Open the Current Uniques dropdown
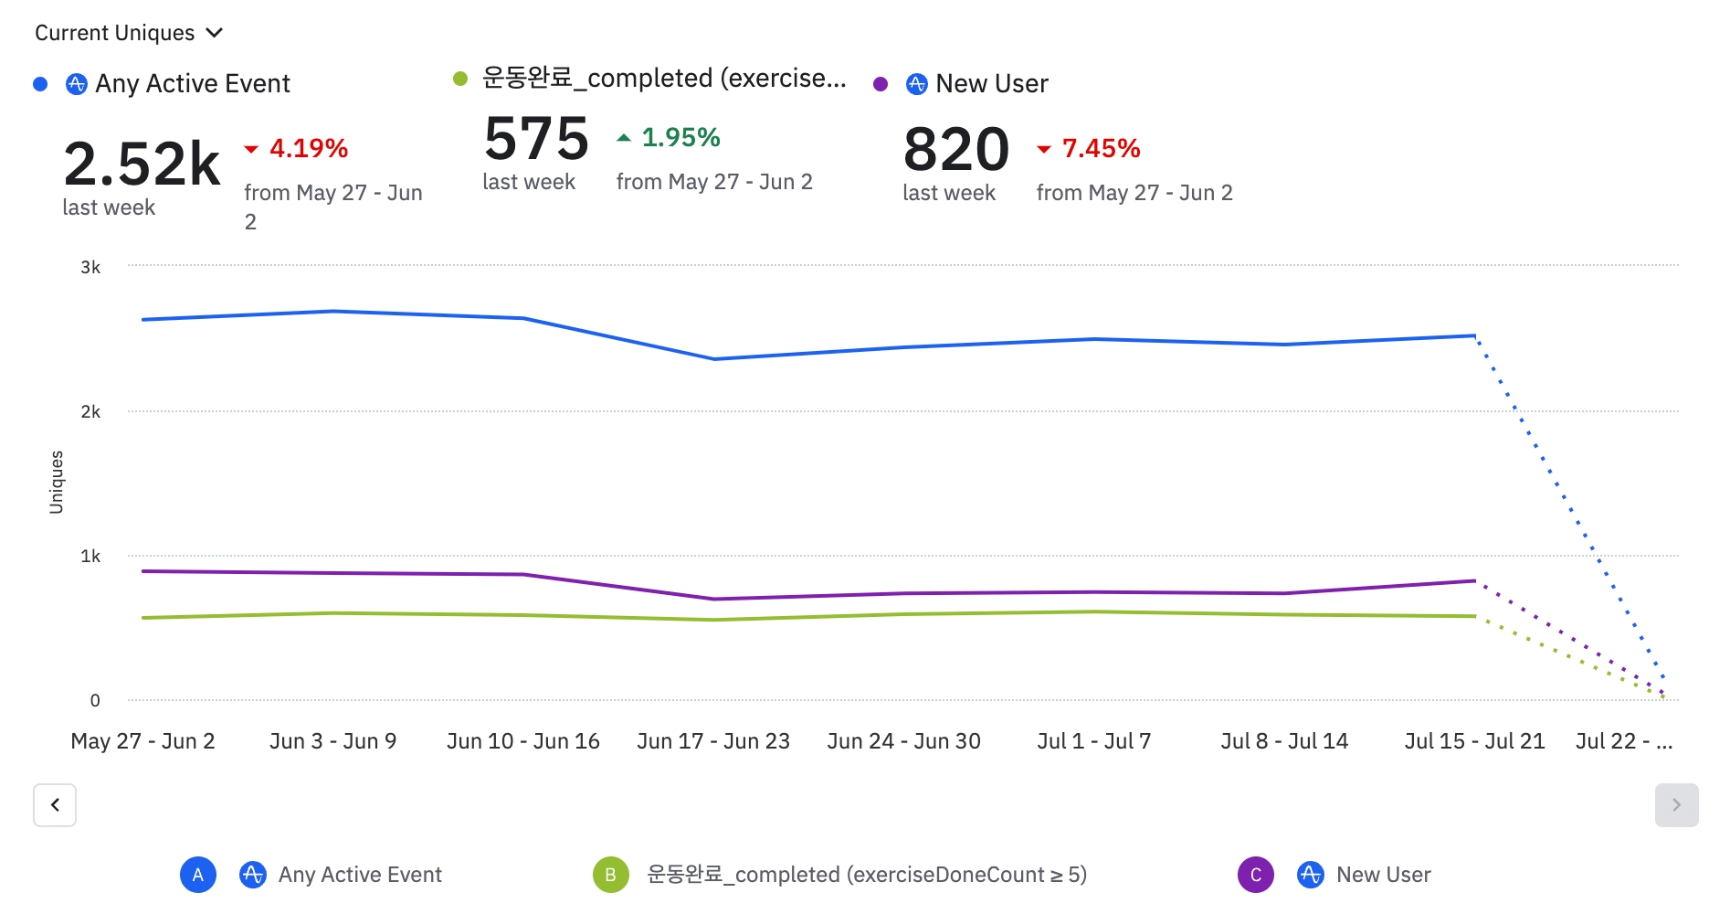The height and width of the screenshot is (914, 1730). (129, 33)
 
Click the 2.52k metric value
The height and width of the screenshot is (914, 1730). (142, 165)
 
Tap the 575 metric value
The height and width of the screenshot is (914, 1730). (536, 139)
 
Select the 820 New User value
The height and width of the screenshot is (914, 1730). (955, 150)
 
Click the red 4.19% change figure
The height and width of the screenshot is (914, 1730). (308, 148)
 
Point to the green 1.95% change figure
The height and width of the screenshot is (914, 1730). (680, 137)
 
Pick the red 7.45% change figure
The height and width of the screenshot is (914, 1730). (1100, 148)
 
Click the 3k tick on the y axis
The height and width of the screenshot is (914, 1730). (90, 267)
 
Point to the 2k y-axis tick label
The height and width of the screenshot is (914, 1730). (90, 411)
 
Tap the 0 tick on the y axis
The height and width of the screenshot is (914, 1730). (95, 700)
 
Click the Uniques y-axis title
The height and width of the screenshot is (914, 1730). (57, 482)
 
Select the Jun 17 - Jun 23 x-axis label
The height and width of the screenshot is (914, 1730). (713, 741)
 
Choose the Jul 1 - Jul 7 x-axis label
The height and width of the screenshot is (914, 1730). (1093, 741)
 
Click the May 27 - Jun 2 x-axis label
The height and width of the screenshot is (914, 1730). (142, 741)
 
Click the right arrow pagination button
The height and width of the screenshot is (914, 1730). (1676, 805)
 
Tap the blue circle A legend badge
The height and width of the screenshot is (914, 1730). (198, 875)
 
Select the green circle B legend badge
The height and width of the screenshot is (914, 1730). (610, 875)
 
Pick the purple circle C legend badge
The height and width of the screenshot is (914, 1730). (1256, 875)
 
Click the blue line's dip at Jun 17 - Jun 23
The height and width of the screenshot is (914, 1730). (714, 359)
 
